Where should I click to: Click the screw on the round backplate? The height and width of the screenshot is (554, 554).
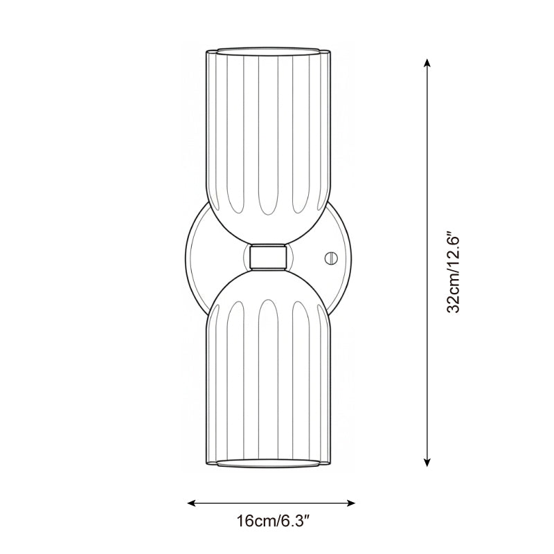coord(330,257)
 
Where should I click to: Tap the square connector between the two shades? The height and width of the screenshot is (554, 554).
coord(268,257)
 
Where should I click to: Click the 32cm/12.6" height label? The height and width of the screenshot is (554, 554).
coord(454,272)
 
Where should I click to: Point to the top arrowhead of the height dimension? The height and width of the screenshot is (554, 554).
coord(427,63)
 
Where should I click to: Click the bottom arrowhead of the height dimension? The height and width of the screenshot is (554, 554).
coord(427,462)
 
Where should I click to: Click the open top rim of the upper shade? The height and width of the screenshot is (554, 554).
coord(268,51)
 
